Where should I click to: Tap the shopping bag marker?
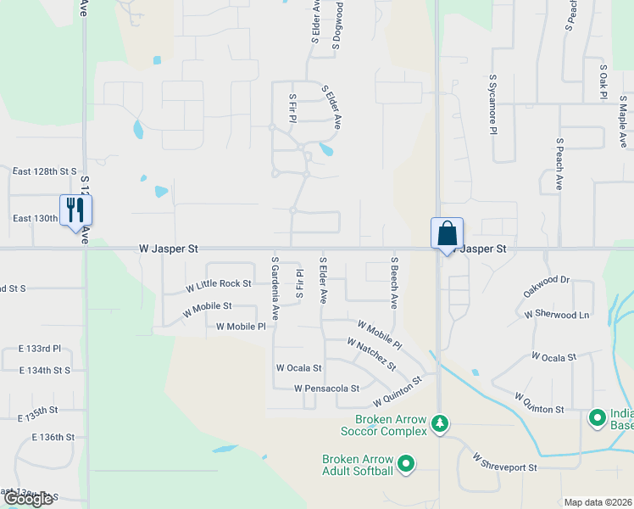[447, 232]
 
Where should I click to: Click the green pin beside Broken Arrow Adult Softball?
[406, 463]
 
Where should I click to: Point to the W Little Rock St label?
[219, 284]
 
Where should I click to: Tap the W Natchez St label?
[371, 354]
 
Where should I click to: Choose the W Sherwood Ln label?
[556, 315]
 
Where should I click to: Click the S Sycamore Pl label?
[492, 104]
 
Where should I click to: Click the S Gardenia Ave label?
[275, 281]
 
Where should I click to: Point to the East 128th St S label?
[44, 171]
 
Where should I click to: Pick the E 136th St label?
[53, 437]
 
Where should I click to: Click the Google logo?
[28, 498]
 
